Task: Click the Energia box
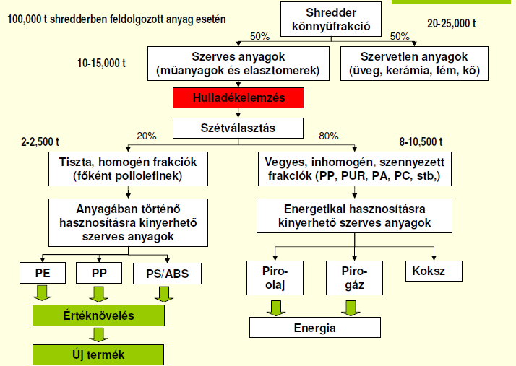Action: point(314,327)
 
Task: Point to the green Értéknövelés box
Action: point(98,315)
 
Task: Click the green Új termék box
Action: point(98,354)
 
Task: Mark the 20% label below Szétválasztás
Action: point(147,136)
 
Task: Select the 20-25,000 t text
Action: point(452,24)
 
